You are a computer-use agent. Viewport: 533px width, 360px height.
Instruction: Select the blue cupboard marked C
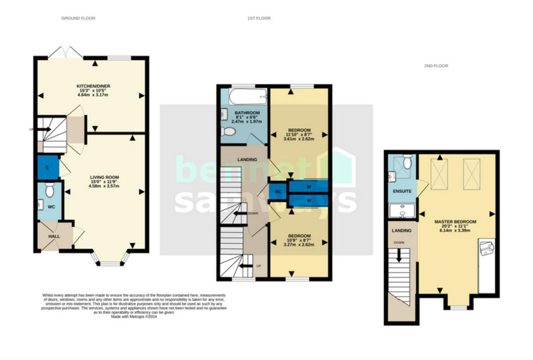tap(48, 167)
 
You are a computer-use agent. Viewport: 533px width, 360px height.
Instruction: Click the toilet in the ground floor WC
tap(50, 190)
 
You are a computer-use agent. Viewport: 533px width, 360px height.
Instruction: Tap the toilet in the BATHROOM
tap(229, 131)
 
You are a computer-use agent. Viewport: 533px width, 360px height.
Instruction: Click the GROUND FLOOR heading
tap(78, 18)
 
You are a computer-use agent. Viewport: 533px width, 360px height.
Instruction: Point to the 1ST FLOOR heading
tap(259, 18)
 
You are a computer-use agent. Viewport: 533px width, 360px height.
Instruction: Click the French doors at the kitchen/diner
tap(66, 53)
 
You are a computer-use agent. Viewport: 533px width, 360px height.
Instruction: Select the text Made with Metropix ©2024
tap(135, 317)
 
